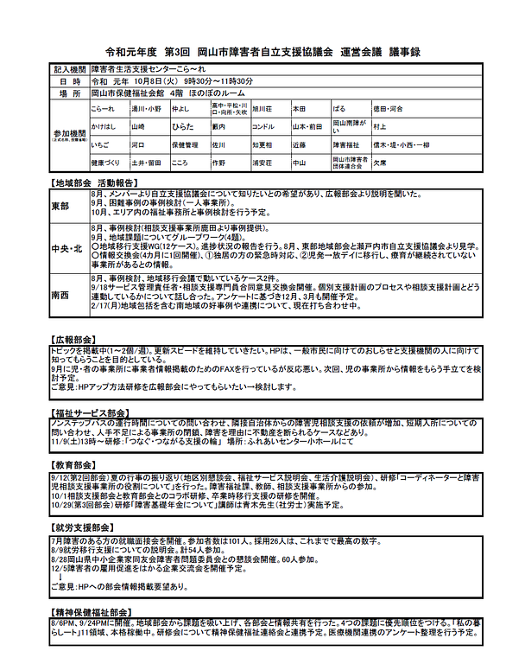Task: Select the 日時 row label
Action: (70, 80)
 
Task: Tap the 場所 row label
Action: (70, 92)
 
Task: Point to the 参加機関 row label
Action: (70, 135)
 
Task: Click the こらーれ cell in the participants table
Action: (102, 110)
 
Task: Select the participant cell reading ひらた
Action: (182, 126)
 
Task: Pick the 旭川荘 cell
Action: (262, 110)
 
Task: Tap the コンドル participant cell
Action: (263, 126)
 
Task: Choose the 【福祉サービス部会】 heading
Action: (92, 412)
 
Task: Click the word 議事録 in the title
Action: (401, 52)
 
